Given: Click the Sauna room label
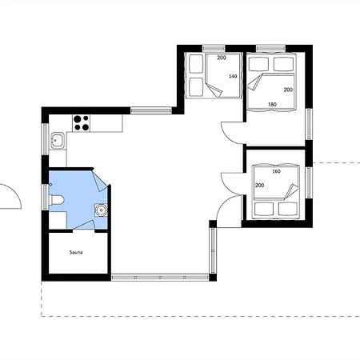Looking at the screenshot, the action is [76, 252].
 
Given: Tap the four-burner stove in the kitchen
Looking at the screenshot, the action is [82, 123].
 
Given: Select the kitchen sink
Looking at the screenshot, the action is [58, 140].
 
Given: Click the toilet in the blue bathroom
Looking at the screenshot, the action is [57, 200].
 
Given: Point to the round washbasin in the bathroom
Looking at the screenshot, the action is [101, 210].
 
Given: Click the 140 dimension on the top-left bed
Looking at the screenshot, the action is [233, 76].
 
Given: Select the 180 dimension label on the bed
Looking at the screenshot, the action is [272, 105].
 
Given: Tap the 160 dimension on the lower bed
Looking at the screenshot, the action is [276, 171].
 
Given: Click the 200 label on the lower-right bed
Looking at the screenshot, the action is [259, 185].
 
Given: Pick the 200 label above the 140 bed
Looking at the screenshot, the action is [222, 58].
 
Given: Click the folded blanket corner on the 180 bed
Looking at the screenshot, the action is [254, 82].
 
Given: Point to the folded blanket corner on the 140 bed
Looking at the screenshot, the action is [214, 90].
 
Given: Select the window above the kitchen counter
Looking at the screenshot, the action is [151, 110].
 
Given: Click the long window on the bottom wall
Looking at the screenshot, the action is [160, 278].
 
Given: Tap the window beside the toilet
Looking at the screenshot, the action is [46, 197].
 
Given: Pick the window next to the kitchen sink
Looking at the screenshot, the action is [46, 139].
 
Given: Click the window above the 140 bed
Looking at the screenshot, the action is [214, 49].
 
